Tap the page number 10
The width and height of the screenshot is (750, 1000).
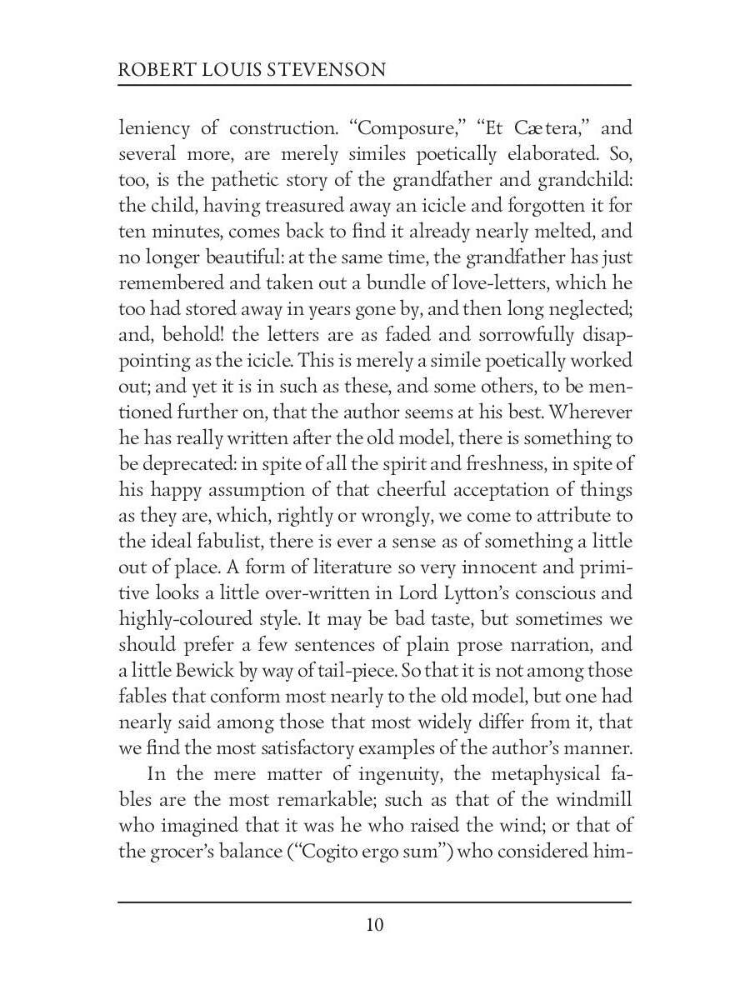[x=374, y=925]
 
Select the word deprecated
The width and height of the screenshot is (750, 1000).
[x=192, y=464]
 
